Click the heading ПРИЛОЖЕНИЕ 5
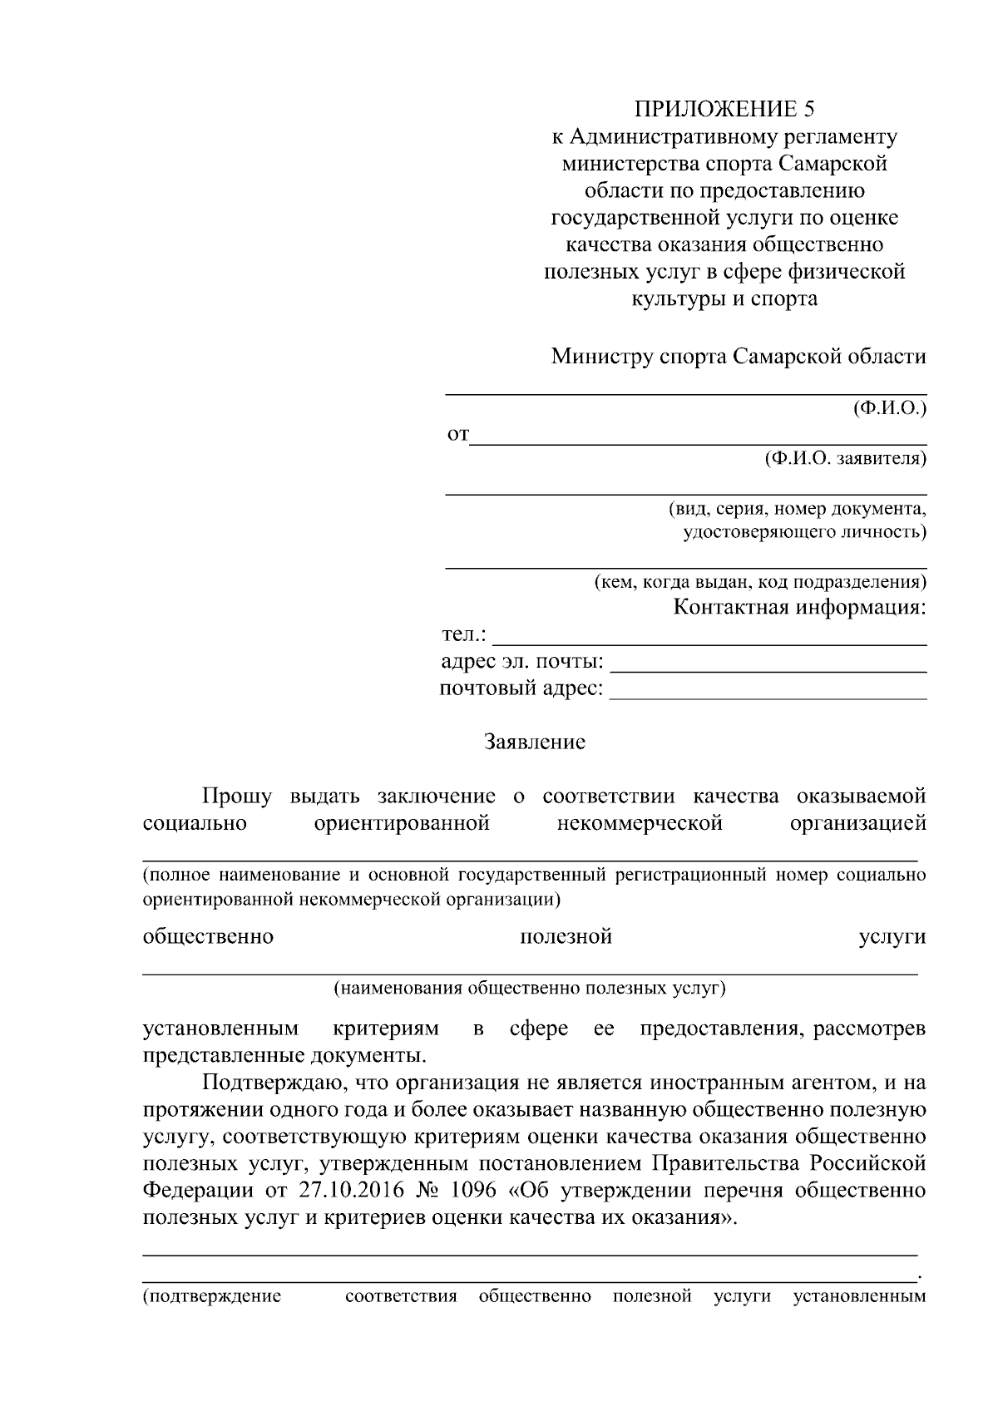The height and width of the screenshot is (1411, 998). (724, 109)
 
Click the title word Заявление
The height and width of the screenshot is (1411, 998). (535, 742)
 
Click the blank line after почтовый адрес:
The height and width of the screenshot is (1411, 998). (768, 697)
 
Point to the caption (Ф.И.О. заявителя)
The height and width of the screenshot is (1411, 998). (845, 458)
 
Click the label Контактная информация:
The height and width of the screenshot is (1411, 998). (799, 607)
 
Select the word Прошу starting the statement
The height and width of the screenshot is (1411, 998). (237, 797)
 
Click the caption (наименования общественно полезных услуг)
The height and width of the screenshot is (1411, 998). (530, 989)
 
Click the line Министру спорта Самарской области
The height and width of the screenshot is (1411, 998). (739, 357)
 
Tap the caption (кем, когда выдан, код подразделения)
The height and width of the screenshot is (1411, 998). (759, 582)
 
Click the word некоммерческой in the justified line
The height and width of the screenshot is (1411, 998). (639, 824)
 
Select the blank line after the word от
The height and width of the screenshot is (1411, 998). (698, 441)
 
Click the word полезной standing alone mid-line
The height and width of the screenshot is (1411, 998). (566, 937)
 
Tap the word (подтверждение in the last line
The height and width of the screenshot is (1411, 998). (212, 1296)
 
